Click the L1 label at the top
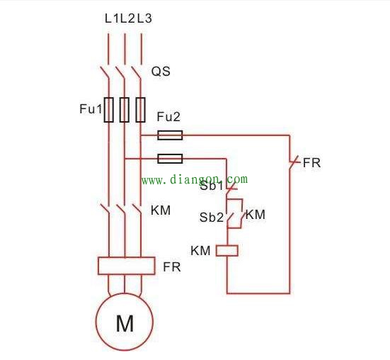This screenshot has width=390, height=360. pos(112,18)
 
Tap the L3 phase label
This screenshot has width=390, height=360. pos(144,18)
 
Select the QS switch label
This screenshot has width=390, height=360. pos(161,72)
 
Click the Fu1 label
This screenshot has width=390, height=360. pos(91,109)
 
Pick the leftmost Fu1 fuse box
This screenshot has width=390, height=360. pos(109,110)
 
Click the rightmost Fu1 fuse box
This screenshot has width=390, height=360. pos(141,110)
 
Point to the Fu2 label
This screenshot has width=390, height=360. pos(168,117)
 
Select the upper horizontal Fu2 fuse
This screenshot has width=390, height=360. pos(170,135)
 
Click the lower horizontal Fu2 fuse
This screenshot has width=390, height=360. pos(170,159)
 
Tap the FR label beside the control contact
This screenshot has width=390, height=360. pos(311,163)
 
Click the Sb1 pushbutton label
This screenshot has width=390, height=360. pos(212,186)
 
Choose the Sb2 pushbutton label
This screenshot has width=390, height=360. pos(212,218)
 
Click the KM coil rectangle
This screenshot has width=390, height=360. pos(226,251)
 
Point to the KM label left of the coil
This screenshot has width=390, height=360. pos(200,250)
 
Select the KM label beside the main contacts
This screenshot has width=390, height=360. pos(161,210)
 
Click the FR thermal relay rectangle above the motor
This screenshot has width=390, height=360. pos(127,266)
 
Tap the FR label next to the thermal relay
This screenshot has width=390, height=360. pos(172,267)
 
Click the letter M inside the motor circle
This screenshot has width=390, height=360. pos(125,323)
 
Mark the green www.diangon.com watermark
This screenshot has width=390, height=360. pos(195,179)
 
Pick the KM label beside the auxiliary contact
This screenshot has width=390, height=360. pos(256,215)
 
